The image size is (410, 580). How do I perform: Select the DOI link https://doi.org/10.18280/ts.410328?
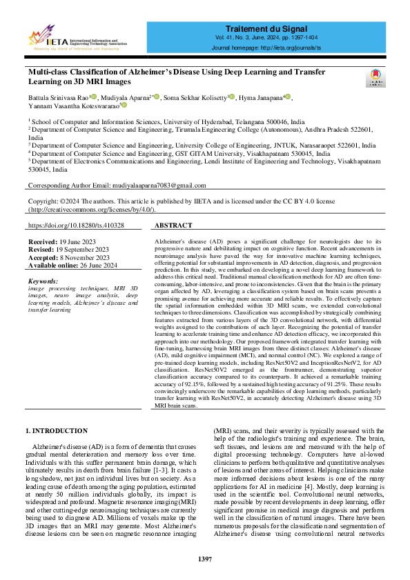(x=76, y=226)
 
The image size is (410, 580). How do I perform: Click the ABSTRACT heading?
(x=173, y=226)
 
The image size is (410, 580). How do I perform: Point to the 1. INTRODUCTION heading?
(x=57, y=431)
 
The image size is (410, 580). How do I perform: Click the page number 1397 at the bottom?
(x=205, y=558)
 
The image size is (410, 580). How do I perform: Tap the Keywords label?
(x=43, y=281)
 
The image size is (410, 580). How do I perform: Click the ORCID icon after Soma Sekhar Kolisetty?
(x=232, y=97)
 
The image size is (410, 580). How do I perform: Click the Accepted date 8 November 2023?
(x=75, y=258)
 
